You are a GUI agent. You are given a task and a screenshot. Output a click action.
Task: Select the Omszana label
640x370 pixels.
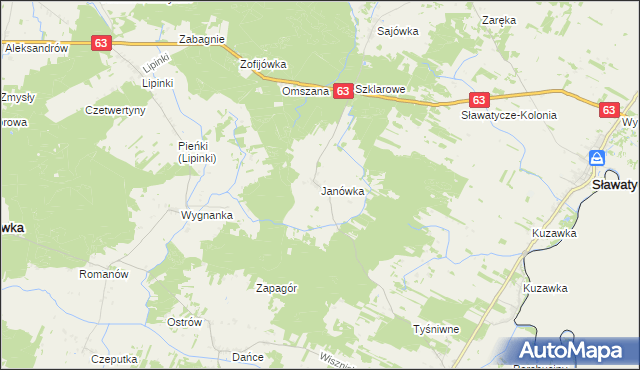tap(304, 91)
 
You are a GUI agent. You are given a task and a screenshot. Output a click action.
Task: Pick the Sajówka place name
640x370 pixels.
tap(397, 31)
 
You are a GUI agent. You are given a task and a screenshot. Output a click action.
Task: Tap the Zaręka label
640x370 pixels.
tap(498, 19)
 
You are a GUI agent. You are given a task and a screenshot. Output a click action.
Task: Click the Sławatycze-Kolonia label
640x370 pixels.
tap(508, 115)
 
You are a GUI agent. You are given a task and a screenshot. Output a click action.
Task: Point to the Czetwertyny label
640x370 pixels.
tap(116, 110)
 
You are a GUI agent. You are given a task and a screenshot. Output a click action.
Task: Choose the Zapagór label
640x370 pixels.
tap(277, 287)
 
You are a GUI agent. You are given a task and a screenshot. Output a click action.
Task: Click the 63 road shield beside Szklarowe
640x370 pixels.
tap(342, 91)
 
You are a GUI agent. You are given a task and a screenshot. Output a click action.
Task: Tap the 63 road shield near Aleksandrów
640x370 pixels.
tap(101, 43)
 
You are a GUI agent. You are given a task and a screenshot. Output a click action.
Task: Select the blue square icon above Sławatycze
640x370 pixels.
tap(597, 158)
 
